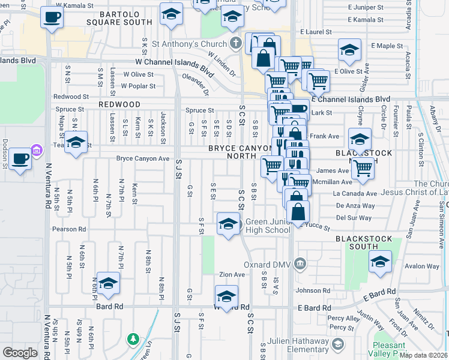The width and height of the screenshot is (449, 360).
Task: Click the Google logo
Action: [20, 353]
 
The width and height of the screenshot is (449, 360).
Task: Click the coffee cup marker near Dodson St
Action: [20, 158]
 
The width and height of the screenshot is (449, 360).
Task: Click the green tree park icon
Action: [133, 340]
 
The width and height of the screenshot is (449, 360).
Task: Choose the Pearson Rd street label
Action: [73, 229]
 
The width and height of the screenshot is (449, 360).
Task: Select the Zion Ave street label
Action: [232, 274]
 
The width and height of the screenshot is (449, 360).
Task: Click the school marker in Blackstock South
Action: [380, 262]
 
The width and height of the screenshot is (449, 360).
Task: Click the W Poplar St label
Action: [138, 86]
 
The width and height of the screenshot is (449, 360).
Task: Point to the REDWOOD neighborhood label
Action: [120, 104]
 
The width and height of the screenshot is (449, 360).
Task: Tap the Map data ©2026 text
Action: [423, 355]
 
